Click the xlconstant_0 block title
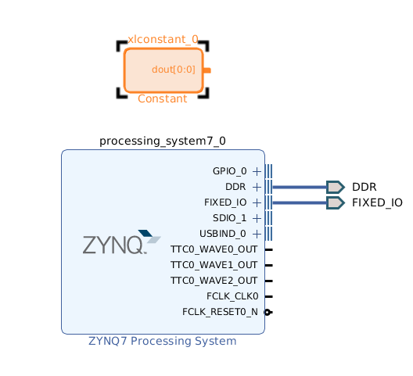(x=163, y=39)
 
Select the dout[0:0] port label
(x=174, y=70)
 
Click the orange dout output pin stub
(x=207, y=70)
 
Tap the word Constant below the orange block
(x=162, y=98)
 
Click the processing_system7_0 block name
(x=163, y=141)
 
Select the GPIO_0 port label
(x=230, y=171)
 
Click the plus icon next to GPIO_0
(x=257, y=172)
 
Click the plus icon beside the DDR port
(x=257, y=187)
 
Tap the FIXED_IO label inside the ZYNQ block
(x=225, y=202)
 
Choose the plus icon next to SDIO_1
(x=257, y=218)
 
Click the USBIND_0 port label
(x=223, y=234)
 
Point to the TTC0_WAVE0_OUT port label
(x=214, y=249)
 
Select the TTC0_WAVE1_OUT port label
(x=214, y=265)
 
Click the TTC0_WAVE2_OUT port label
(x=214, y=281)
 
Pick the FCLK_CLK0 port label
(x=232, y=296)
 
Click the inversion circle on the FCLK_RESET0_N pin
(x=268, y=312)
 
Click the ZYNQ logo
(x=122, y=242)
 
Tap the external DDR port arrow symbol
(x=336, y=187)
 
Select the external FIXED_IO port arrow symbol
(x=336, y=202)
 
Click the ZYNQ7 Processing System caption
(x=162, y=341)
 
